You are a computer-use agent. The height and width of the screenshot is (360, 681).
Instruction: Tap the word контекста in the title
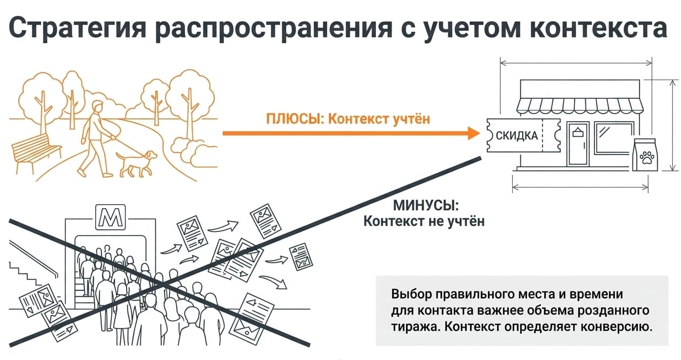598,28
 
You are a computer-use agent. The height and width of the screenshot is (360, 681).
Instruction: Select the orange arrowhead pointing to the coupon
474,134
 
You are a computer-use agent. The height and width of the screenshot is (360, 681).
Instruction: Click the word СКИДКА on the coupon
517,136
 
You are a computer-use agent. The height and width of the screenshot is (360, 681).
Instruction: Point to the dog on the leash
136,163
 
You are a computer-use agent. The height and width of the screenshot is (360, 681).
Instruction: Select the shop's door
578,144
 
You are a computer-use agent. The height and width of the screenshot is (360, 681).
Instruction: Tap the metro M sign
110,217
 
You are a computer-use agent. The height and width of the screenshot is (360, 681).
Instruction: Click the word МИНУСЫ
426,205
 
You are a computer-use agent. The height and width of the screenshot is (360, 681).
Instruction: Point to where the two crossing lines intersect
163,284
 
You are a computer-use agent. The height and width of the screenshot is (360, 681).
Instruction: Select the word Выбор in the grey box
411,294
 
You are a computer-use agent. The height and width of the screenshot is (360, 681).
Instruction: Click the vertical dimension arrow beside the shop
672,125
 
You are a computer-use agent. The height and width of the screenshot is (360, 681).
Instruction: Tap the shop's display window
614,138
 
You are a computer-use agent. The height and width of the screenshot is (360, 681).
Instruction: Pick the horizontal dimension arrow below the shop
580,187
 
